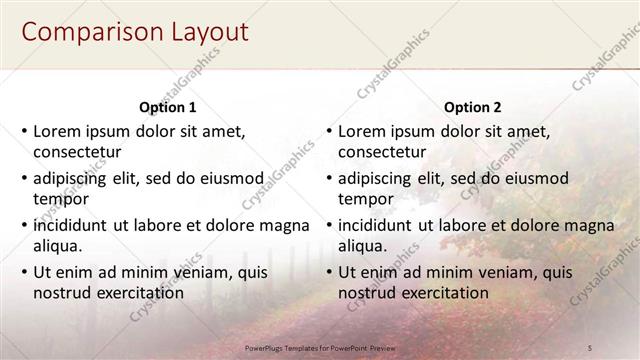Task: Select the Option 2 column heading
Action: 472,108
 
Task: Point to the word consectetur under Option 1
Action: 77,153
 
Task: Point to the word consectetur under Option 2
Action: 382,153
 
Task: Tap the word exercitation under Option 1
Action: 137,293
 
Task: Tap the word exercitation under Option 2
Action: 442,293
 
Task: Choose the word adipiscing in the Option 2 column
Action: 375,179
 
